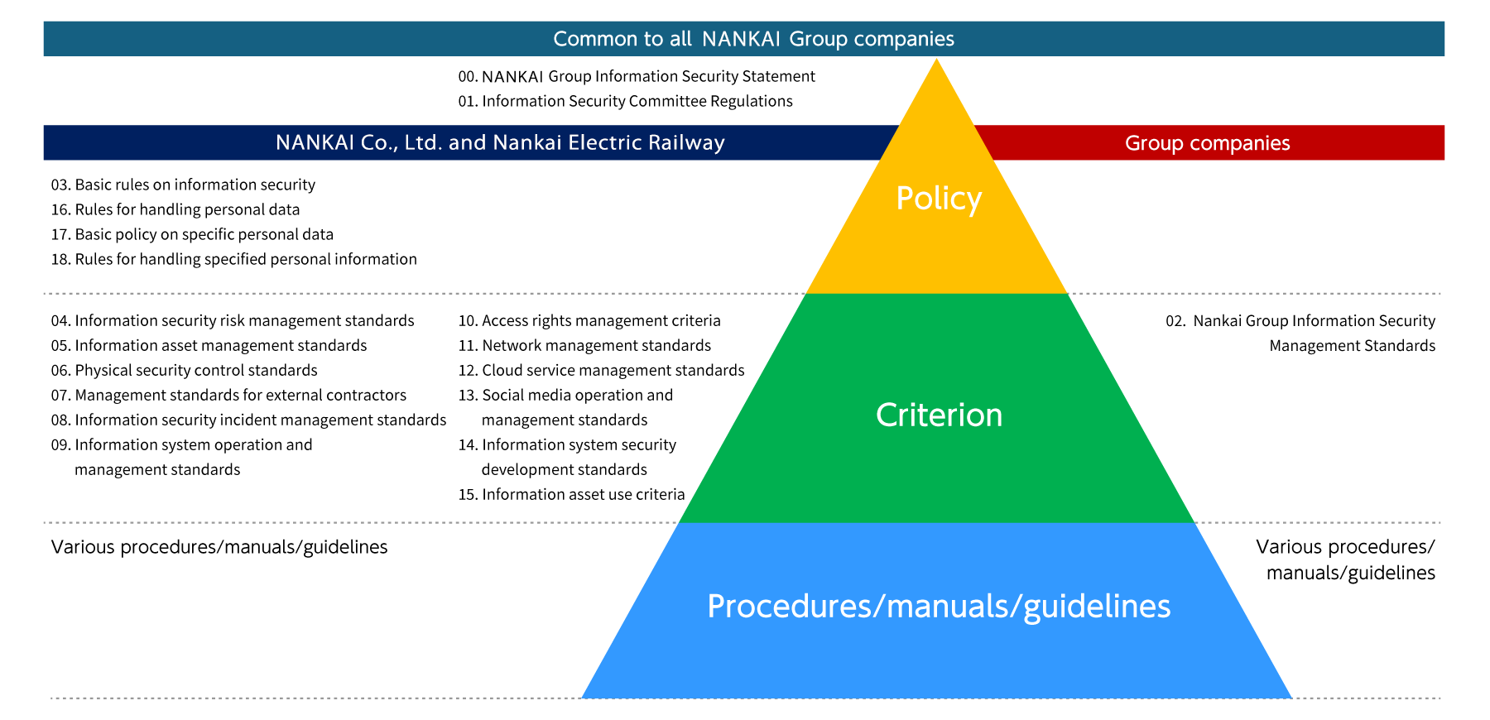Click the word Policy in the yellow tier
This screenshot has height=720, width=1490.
tap(939, 199)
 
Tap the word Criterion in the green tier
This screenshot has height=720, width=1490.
tap(939, 415)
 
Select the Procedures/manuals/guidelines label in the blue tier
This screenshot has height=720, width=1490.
tap(939, 607)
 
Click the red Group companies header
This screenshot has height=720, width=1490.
tap(1207, 143)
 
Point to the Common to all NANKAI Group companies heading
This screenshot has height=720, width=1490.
tap(753, 39)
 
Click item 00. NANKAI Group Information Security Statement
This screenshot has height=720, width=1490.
tap(637, 76)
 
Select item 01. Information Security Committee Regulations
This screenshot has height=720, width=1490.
tap(625, 101)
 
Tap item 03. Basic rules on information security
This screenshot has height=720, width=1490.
tap(183, 185)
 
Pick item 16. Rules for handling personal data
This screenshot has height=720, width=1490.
tap(175, 209)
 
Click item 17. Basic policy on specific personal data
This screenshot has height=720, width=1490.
tap(192, 234)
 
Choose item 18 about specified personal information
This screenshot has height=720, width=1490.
tap(233, 259)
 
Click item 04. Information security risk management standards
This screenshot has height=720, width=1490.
tap(233, 320)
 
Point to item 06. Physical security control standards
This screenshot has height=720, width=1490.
tap(184, 370)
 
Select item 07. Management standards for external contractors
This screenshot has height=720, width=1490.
tap(228, 395)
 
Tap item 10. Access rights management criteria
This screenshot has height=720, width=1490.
tap(589, 320)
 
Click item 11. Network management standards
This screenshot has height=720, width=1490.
tap(584, 345)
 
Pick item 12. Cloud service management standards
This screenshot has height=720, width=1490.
tap(601, 370)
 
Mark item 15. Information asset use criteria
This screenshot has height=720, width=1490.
tap(571, 494)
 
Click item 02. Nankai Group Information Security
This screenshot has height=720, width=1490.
tap(1300, 321)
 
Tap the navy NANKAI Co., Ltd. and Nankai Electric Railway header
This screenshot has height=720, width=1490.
tap(500, 142)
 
